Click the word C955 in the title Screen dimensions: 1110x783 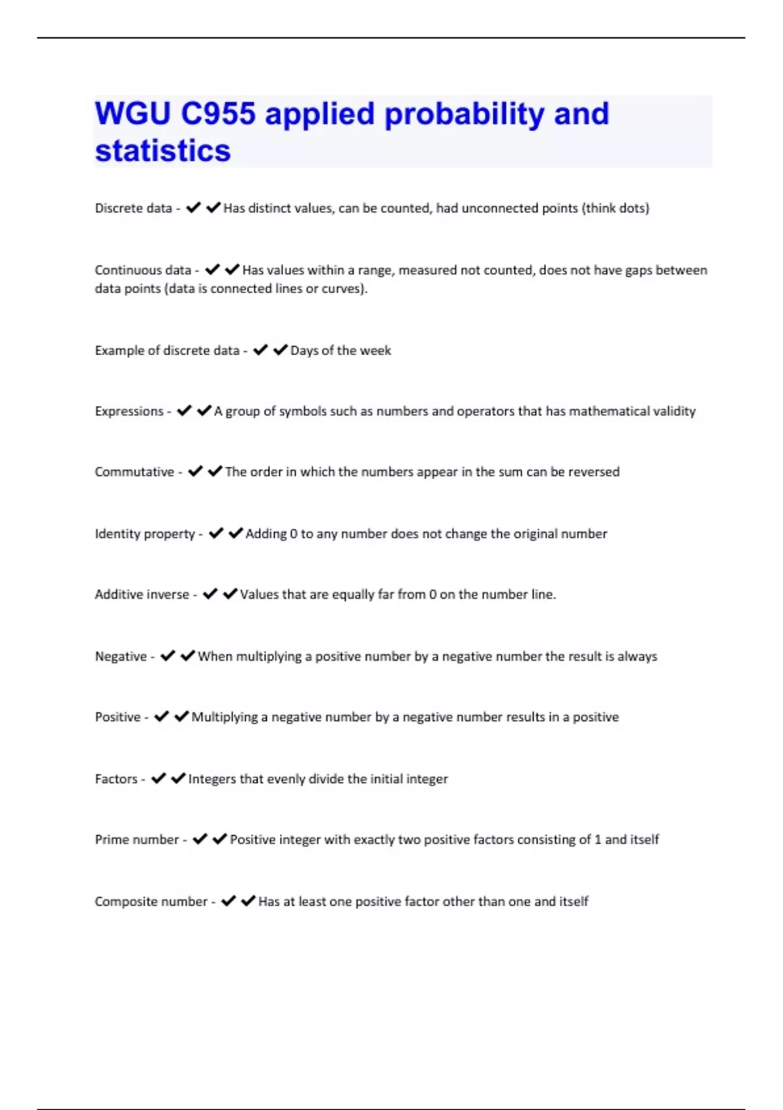tap(218, 114)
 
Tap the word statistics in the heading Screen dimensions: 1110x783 tap(162, 150)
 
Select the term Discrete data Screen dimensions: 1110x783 tap(133, 208)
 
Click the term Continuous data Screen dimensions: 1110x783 tap(143, 270)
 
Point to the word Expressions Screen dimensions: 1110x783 tap(129, 411)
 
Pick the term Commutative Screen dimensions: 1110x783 tap(134, 472)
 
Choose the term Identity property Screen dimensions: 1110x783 tap(145, 534)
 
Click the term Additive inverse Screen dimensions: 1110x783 tap(142, 595)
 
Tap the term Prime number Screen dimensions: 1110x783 tap(136, 840)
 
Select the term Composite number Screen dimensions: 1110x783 tap(151, 902)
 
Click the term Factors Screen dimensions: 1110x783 tap(116, 779)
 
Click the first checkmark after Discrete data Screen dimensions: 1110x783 tap(193, 208)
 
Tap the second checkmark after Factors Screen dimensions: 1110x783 tap(178, 778)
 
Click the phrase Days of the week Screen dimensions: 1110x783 tap(341, 351)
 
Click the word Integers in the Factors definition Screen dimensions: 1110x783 tap(212, 779)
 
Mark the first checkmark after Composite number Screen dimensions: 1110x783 tap(228, 901)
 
